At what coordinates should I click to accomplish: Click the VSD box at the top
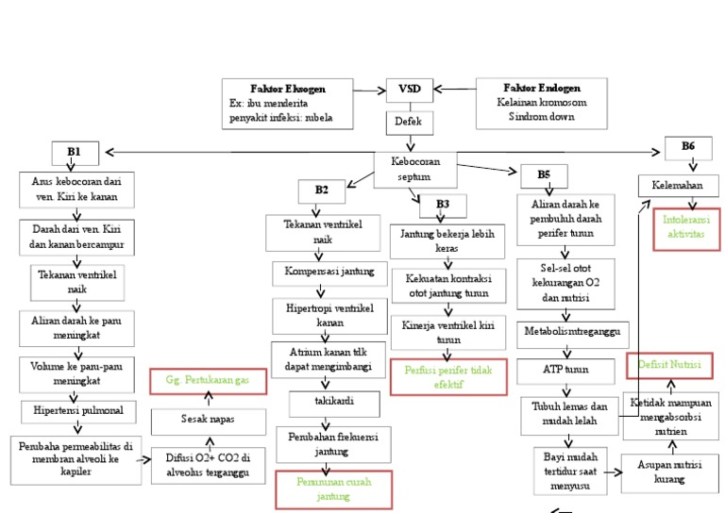coord(410,90)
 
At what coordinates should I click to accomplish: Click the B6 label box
coord(687,147)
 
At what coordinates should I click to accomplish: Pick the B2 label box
coord(322,190)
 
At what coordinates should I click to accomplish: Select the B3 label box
coord(443,204)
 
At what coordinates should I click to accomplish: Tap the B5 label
coord(545,174)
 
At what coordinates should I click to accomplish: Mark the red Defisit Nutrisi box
coord(668,364)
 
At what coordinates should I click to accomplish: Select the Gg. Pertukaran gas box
coord(208,380)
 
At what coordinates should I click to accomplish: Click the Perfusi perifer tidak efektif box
coord(447,377)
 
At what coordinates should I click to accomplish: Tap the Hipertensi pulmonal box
coord(78,411)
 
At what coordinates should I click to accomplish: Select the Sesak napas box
coord(208,418)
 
